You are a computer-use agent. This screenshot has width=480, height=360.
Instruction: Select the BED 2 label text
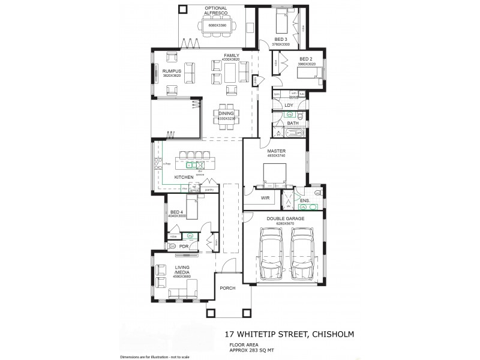307,59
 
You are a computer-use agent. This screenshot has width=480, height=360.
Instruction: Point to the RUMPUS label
171,71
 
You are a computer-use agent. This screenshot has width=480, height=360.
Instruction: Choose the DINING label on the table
226,113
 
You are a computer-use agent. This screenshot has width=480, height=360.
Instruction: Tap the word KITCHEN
184,178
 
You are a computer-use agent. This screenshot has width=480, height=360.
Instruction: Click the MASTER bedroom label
277,151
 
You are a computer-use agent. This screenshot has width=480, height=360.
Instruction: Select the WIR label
264,197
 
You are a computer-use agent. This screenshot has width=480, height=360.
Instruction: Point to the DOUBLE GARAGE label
285,219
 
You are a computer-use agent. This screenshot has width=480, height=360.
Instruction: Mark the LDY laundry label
289,105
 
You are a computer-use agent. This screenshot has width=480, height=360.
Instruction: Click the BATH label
293,123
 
